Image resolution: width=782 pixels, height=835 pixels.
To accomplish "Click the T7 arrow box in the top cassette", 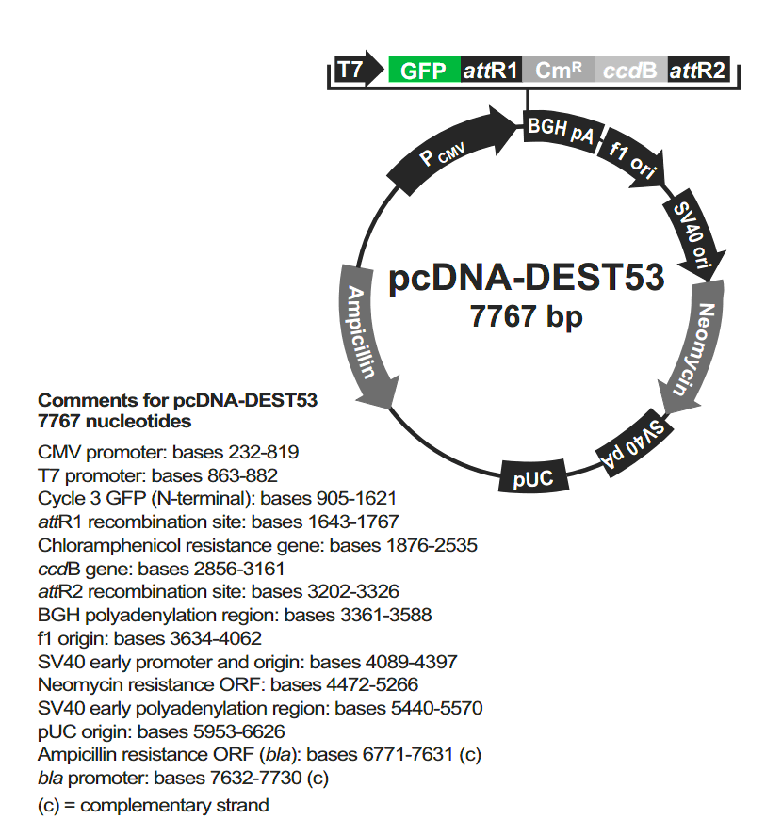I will [x=354, y=70].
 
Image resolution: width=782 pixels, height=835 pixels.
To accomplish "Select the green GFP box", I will [x=424, y=70].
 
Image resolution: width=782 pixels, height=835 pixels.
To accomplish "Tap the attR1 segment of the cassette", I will [x=491, y=70].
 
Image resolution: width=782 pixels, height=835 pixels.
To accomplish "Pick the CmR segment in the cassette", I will [x=558, y=70].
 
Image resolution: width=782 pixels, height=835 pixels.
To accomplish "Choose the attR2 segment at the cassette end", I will [x=698, y=70].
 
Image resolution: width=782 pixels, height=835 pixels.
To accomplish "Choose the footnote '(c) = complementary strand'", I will [x=154, y=806].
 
